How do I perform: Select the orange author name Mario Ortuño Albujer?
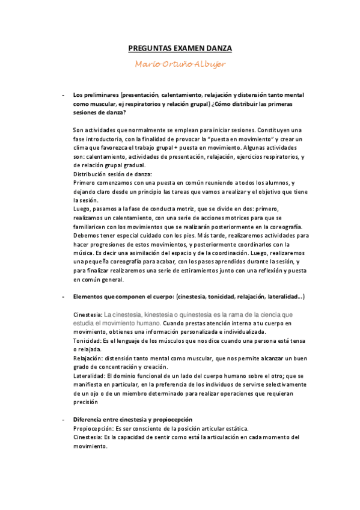tap(180, 64)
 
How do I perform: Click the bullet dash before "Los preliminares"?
tap(63, 95)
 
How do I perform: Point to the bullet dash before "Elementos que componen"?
tap(63, 297)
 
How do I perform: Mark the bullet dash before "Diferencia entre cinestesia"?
tap(63, 418)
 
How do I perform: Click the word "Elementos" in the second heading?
tap(88, 297)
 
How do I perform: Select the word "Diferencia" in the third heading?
tap(89, 418)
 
